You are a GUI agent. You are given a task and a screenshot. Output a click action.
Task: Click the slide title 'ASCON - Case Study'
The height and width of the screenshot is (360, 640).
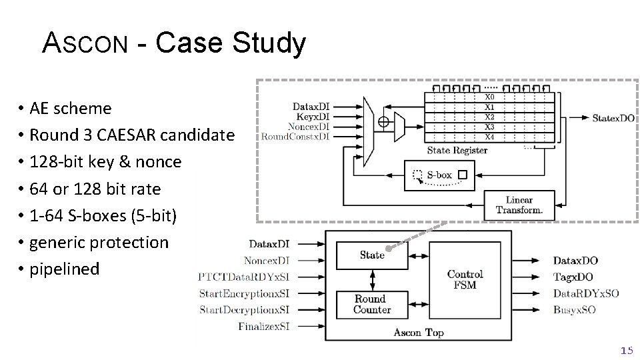point(174,44)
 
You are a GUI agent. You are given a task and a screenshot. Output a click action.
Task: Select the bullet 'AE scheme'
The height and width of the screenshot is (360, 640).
point(65,108)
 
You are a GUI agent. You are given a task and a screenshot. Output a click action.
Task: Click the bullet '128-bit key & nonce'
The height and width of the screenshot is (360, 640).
point(99,162)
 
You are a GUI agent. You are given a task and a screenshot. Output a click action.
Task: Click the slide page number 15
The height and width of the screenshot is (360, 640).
point(626,350)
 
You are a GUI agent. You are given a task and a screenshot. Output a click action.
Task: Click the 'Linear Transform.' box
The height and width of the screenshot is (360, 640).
point(519,205)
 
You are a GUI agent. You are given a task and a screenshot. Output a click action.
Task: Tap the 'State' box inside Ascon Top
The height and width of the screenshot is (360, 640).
point(371,255)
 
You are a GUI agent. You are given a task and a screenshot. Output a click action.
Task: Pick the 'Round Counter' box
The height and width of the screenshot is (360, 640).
point(371,304)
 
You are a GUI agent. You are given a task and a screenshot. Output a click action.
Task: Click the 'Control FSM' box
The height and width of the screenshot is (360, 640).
point(465,279)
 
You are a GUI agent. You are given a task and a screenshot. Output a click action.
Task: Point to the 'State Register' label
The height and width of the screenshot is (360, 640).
point(457,150)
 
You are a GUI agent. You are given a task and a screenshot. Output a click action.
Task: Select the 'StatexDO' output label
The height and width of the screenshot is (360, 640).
point(613,118)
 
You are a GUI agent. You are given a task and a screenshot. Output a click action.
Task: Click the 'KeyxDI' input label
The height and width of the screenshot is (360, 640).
point(311,116)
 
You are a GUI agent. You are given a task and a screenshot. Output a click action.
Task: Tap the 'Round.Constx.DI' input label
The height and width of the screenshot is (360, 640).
point(295,137)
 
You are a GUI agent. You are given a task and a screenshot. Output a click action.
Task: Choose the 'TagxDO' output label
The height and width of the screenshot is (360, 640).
point(573,277)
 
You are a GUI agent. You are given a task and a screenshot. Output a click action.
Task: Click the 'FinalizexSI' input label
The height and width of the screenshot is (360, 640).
point(263,326)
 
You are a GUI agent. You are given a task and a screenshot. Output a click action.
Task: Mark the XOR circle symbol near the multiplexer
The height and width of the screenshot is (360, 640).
point(383,121)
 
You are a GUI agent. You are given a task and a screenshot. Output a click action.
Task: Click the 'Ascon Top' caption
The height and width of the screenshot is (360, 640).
point(418,332)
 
